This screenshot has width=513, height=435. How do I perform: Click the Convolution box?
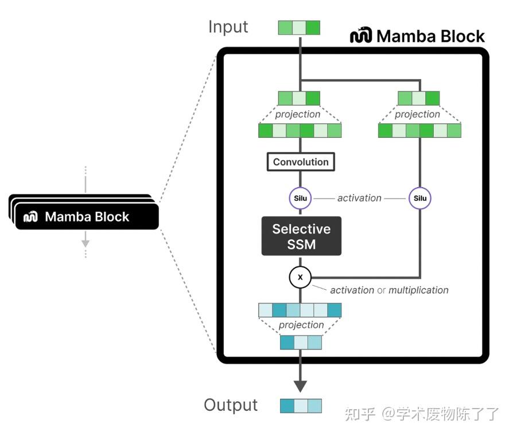301,162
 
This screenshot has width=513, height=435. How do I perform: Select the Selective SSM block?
301,236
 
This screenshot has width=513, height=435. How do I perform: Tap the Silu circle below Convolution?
301,199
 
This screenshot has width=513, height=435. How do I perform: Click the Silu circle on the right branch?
420,199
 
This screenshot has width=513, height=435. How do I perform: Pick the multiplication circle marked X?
300,278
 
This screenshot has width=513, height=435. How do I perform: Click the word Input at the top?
228,27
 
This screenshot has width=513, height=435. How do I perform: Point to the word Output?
231,405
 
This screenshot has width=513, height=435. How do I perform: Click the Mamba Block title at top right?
430,36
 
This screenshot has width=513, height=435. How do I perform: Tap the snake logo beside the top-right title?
361,36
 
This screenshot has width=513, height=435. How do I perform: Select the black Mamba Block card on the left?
86,216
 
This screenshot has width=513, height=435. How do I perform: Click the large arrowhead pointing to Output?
300,385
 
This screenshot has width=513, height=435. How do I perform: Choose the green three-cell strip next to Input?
299,28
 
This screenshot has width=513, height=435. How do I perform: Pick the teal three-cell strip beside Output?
301,406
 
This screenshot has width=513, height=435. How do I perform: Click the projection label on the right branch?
417,114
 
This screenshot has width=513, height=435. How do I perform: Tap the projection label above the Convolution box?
297,114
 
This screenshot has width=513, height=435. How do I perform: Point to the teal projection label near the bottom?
301,325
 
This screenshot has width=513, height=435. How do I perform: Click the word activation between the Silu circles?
359,198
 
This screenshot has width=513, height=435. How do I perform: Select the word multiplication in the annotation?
418,290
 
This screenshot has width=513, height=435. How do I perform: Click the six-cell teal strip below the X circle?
300,310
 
